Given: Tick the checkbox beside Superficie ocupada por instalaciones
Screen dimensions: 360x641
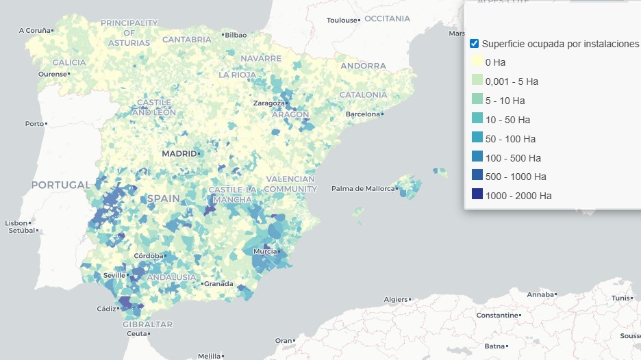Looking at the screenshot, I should [x=474, y=44].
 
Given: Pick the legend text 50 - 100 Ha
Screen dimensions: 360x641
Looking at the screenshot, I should [x=510, y=139].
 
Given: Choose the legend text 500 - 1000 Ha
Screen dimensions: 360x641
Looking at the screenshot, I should [x=516, y=177].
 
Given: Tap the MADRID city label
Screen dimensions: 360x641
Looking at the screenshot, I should [x=179, y=154].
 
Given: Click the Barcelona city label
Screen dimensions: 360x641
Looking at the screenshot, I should [x=363, y=114].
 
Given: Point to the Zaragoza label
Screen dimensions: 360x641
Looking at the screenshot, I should [x=268, y=103].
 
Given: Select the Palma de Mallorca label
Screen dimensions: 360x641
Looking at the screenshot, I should [x=363, y=188].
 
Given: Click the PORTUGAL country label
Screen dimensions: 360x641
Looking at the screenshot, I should [x=61, y=185].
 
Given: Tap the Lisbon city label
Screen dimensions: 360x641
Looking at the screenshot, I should [x=16, y=223].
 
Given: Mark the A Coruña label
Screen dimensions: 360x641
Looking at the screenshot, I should [x=34, y=30].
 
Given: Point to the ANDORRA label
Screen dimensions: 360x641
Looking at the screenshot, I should [x=363, y=66].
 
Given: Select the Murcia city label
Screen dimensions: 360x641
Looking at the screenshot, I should [x=265, y=251].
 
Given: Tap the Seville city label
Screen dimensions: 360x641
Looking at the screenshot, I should [x=113, y=275].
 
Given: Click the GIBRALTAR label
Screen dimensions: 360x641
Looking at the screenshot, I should [x=147, y=324].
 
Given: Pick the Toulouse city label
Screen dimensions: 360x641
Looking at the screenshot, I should [x=342, y=21].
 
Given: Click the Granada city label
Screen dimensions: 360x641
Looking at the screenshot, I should [x=219, y=283].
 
